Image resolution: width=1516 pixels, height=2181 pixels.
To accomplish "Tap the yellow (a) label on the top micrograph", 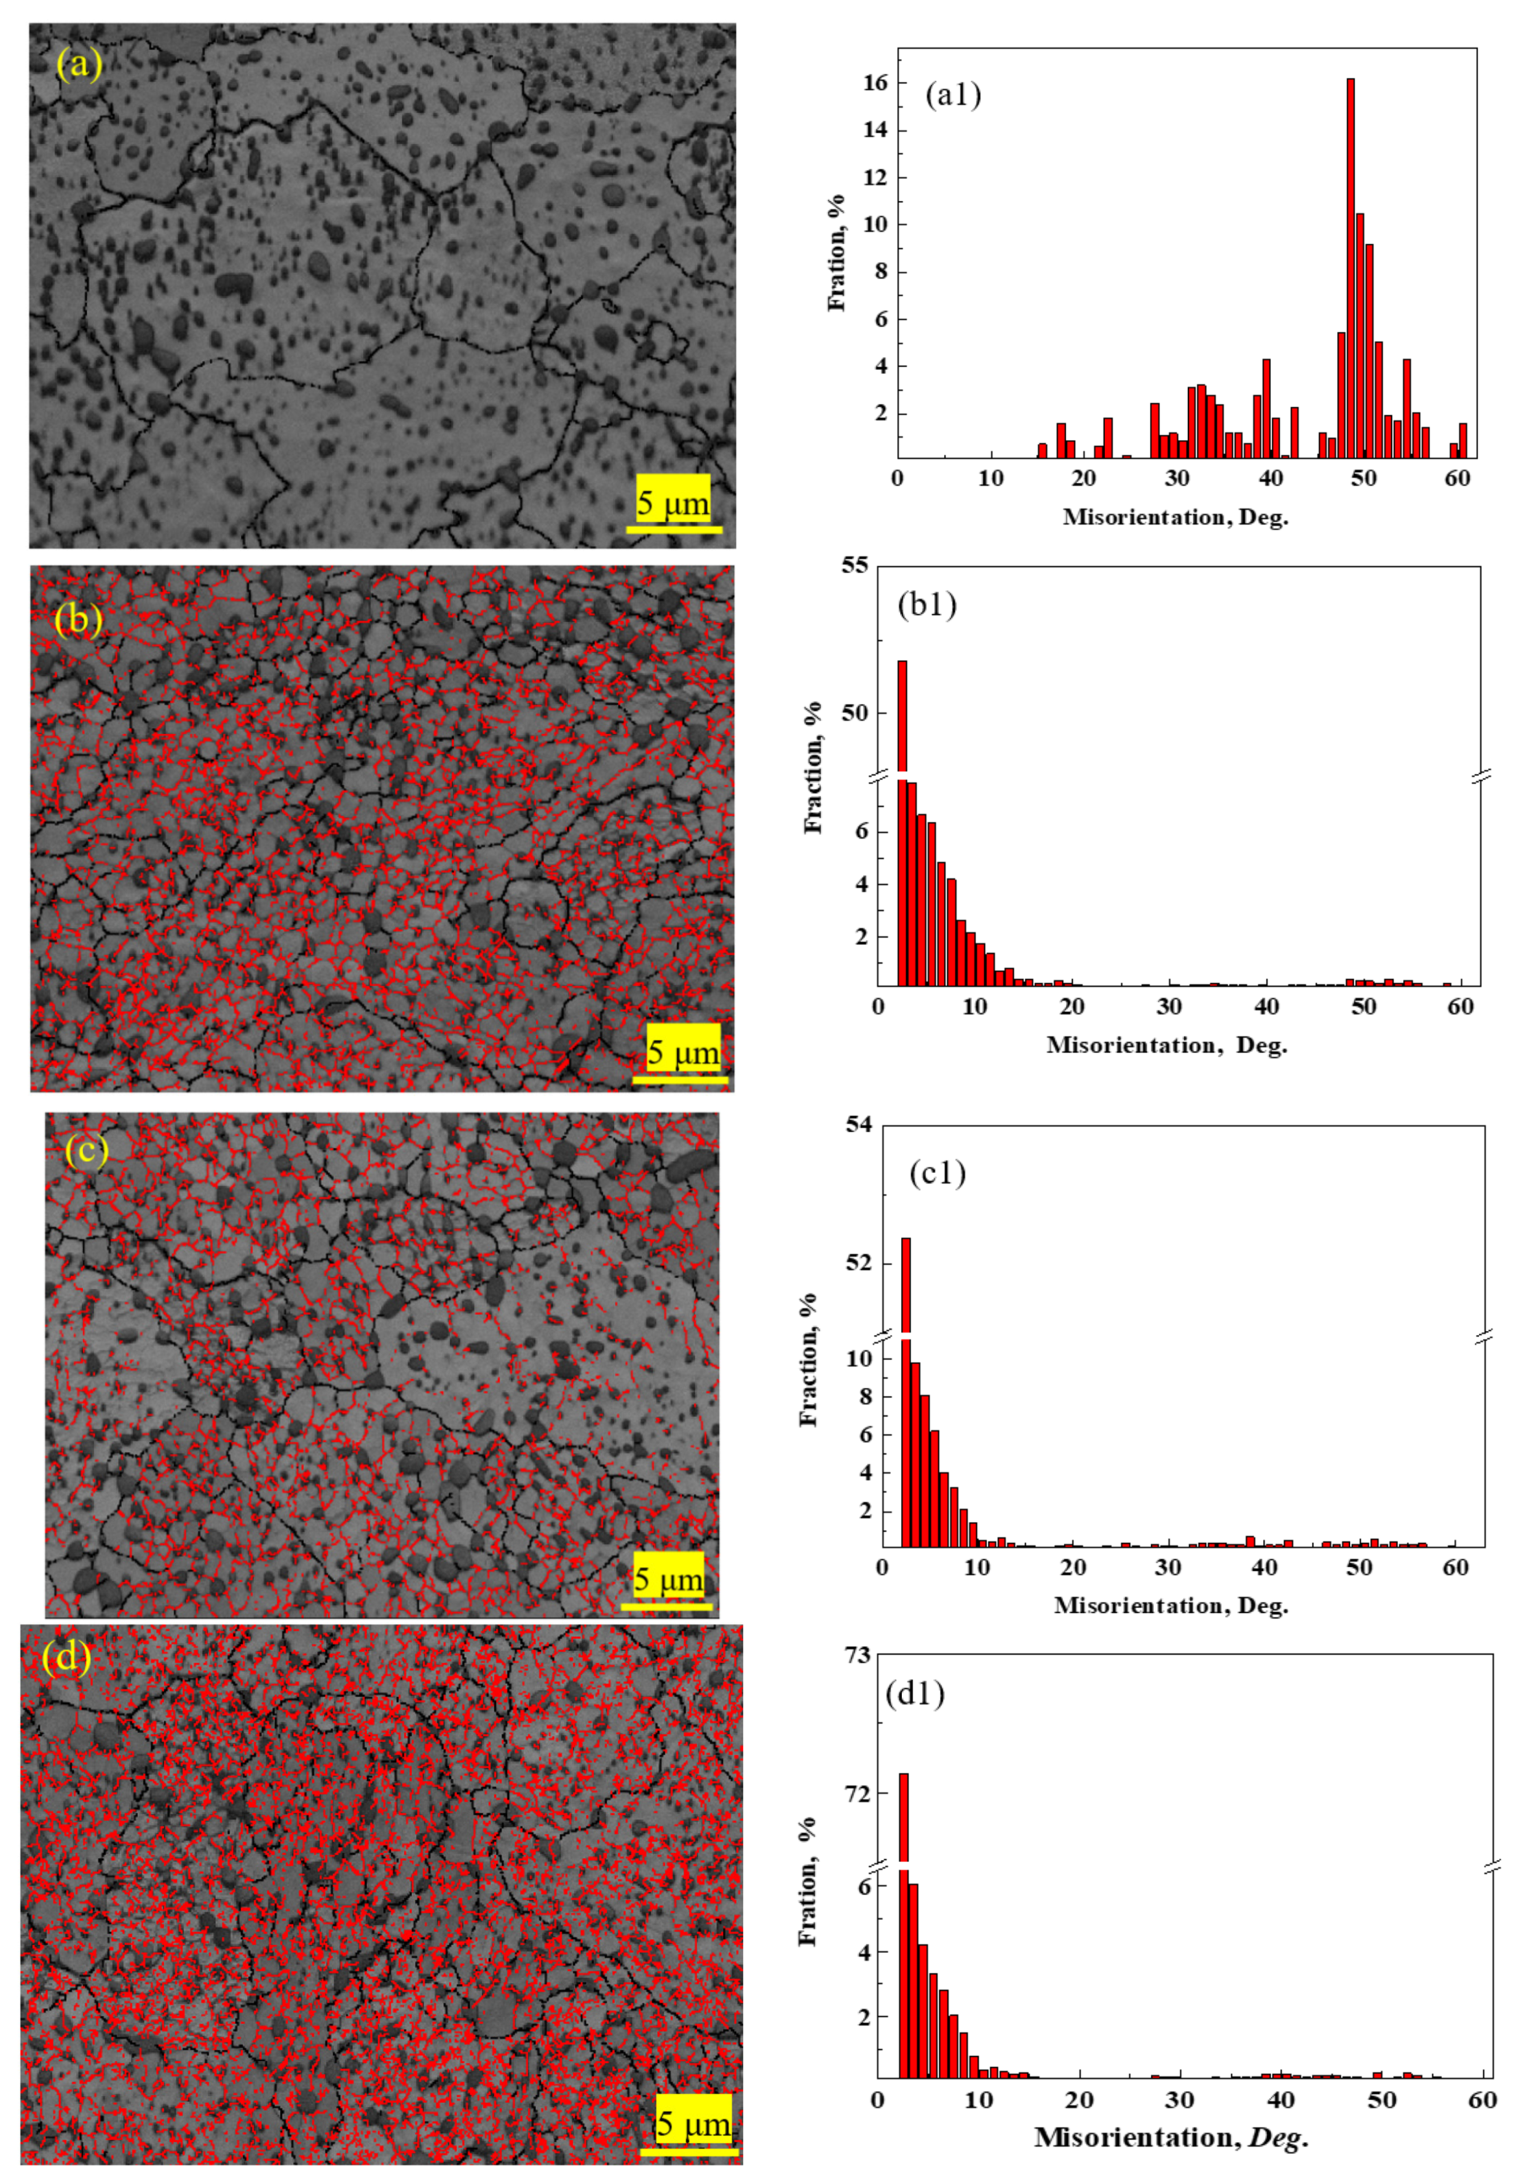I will click(x=79, y=64).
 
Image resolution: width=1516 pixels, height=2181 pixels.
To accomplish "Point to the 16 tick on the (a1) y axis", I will click(x=875, y=84).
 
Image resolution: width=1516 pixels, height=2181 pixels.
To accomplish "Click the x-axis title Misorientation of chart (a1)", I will click(x=1175, y=518).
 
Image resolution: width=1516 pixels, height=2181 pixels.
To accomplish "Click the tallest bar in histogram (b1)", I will click(x=901, y=817).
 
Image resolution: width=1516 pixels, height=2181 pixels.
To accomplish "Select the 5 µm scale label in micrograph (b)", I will click(x=683, y=1052).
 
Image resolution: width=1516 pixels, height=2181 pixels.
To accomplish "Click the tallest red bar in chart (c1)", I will click(x=905, y=1387).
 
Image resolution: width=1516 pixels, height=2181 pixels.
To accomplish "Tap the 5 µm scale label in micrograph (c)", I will click(x=669, y=1580).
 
